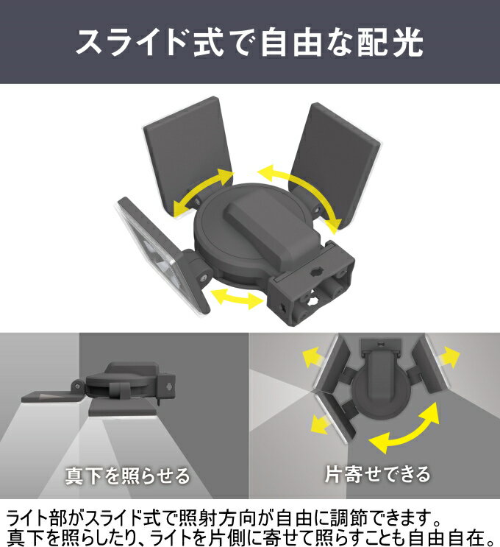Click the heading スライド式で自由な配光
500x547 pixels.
click(249, 42)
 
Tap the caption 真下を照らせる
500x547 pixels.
click(127, 476)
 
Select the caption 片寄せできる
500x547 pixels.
click(378, 474)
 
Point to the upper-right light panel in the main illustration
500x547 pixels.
click(335, 164)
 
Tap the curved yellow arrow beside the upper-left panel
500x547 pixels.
click(204, 191)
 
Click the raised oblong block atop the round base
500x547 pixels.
click(272, 230)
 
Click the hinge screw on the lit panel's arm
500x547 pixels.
click(203, 278)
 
